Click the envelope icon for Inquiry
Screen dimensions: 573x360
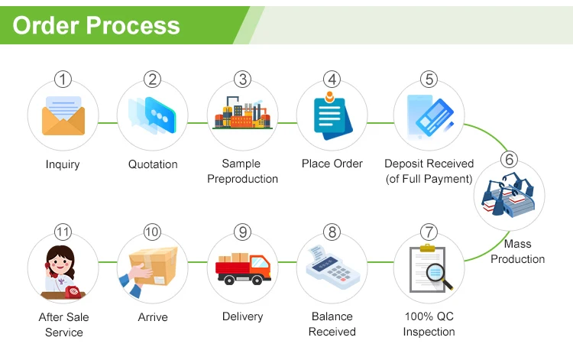pyautogui.click(x=63, y=115)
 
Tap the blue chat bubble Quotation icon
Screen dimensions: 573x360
pyautogui.click(x=160, y=115)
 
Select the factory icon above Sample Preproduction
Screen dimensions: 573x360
pyautogui.click(x=243, y=112)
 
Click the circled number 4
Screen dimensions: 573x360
pyautogui.click(x=332, y=79)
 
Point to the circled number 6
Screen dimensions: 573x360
pyautogui.click(x=509, y=159)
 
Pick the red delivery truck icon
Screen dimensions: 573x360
pyautogui.click(x=243, y=269)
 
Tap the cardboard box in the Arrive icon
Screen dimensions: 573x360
pyautogui.click(x=154, y=265)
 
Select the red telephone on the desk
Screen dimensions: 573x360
pyautogui.click(x=73, y=291)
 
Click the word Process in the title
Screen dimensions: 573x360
pyautogui.click(x=133, y=25)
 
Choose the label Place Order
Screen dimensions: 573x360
pyautogui.click(x=332, y=164)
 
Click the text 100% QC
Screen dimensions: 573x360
pyautogui.click(x=429, y=316)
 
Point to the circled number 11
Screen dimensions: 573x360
pyautogui.click(x=63, y=232)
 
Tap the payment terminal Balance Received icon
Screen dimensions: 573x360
pyautogui.click(x=332, y=267)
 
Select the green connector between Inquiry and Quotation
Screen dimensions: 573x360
pyautogui.click(x=108, y=123)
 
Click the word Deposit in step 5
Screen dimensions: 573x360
pyautogui.click(x=404, y=164)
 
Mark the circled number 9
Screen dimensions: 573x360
pyautogui.click(x=243, y=232)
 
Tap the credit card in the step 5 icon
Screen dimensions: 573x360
pyautogui.click(x=435, y=117)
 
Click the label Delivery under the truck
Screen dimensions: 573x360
pyautogui.click(x=243, y=316)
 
